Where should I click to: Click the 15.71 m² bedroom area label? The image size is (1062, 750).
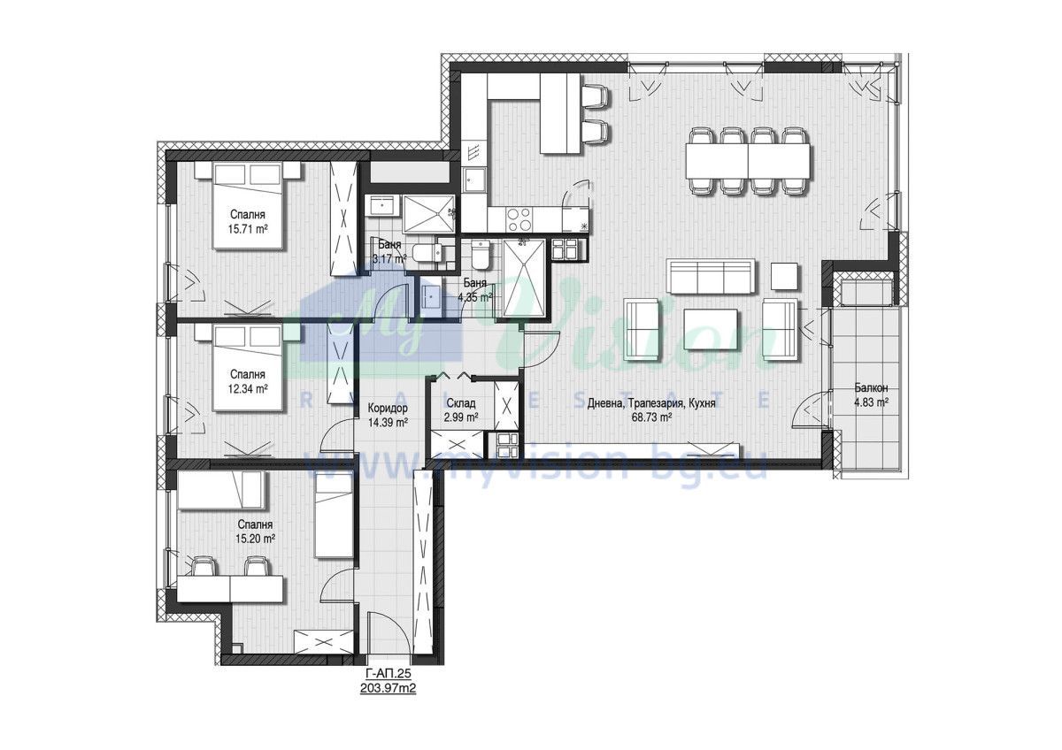pyautogui.click(x=248, y=229)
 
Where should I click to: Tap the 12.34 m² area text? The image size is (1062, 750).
pyautogui.click(x=248, y=389)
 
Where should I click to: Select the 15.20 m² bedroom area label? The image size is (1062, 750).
pyautogui.click(x=256, y=539)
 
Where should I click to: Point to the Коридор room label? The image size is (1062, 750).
pyautogui.click(x=388, y=408)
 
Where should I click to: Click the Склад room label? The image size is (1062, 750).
pyautogui.click(x=461, y=403)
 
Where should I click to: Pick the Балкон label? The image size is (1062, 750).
pyautogui.click(x=872, y=388)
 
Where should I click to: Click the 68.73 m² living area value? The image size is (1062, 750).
pyautogui.click(x=651, y=417)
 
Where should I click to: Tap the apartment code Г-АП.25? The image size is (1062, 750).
pyautogui.click(x=388, y=674)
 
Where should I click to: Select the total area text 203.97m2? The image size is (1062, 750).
pyautogui.click(x=388, y=688)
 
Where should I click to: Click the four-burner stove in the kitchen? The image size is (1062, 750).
pyautogui.click(x=519, y=219)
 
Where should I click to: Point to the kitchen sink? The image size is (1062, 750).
pyautogui.click(x=473, y=180)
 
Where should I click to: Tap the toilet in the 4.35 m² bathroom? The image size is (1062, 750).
pyautogui.click(x=481, y=254)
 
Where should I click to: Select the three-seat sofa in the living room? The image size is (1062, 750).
pyautogui.click(x=710, y=276)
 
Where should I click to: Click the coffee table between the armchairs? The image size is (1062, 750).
pyautogui.click(x=711, y=329)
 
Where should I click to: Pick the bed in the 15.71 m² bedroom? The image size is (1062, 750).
pyautogui.click(x=247, y=205)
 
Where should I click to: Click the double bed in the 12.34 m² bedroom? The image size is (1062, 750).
pyautogui.click(x=247, y=367)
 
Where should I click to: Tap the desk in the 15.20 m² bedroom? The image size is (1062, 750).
pyautogui.click(x=231, y=589)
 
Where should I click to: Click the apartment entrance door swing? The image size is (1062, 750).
pyautogui.click(x=387, y=633)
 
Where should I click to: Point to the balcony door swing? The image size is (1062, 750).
pyautogui.click(x=812, y=409)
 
